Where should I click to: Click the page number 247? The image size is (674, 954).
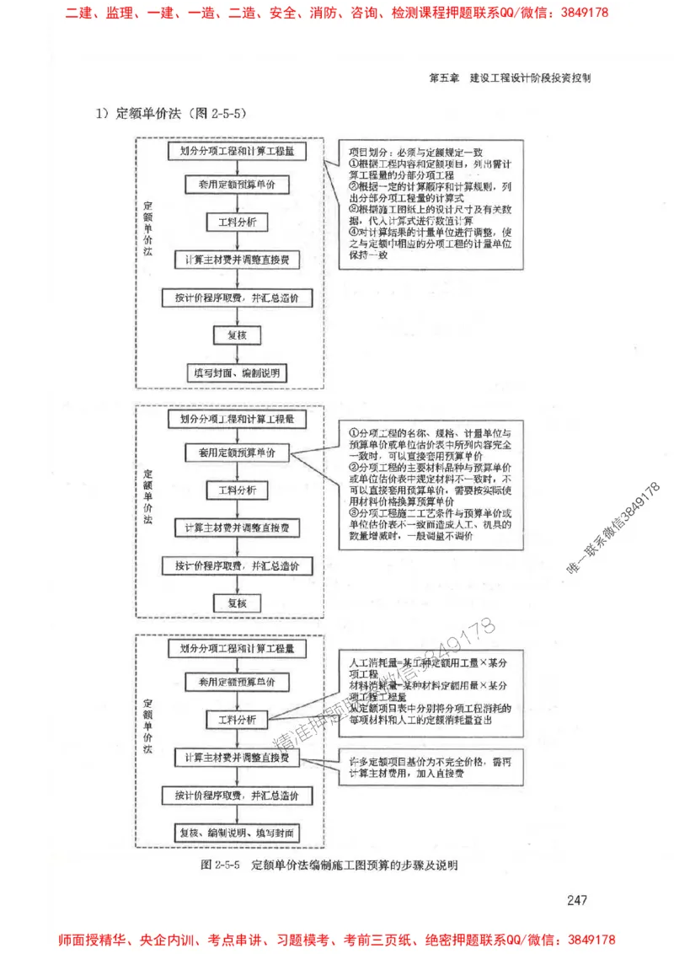(x=576, y=901)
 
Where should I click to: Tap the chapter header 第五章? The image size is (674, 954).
(x=443, y=77)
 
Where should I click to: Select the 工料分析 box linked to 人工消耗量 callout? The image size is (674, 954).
(x=237, y=721)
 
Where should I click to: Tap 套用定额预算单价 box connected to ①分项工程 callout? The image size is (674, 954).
(x=237, y=453)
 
